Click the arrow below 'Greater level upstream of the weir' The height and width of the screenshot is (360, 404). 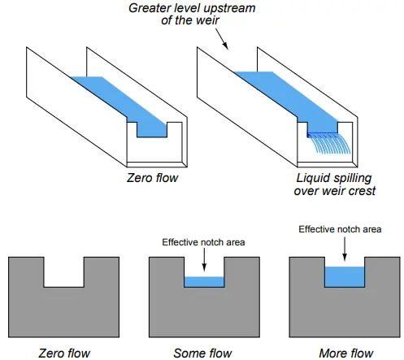(222, 39)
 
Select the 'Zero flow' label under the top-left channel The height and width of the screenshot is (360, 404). (152, 178)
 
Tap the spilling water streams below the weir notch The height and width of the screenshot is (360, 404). (329, 143)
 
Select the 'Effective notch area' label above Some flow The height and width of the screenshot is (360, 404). (203, 242)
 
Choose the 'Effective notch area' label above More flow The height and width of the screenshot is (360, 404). (340, 229)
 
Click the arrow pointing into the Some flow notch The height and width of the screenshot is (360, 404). (204, 259)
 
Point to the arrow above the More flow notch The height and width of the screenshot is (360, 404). (345, 249)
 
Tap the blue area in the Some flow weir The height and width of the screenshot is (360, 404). (204, 282)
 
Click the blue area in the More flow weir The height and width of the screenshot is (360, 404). (345, 277)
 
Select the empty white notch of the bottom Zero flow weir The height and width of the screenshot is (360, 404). (64, 272)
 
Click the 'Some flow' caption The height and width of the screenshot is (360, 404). (202, 353)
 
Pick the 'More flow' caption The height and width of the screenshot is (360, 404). (346, 353)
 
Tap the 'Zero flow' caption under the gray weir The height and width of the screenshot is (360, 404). (64, 353)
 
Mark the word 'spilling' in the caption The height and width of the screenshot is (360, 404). (353, 179)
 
